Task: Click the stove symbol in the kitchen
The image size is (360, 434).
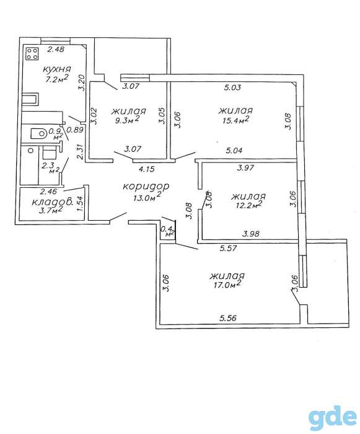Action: click(32, 54)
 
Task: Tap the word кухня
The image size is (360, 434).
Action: click(57, 69)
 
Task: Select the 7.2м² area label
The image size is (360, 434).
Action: click(57, 79)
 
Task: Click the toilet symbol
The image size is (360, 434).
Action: click(39, 134)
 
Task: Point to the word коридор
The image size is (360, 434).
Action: click(146, 187)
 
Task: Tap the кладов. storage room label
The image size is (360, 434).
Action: click(52, 201)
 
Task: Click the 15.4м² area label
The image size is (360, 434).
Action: click(236, 120)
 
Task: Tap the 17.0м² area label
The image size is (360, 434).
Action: click(227, 285)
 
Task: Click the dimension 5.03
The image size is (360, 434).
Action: click(232, 87)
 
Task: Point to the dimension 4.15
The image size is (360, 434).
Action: click(146, 169)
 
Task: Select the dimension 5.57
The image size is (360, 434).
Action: click(228, 248)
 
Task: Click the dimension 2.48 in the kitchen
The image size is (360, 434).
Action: click(56, 50)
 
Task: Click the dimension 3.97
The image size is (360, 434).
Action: click(245, 167)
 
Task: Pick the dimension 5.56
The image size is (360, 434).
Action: click(228, 318)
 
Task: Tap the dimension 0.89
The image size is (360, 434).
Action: click(75, 130)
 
